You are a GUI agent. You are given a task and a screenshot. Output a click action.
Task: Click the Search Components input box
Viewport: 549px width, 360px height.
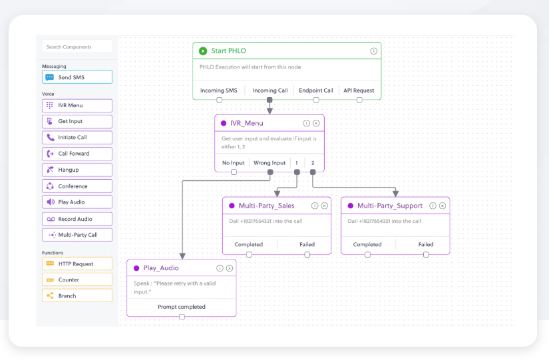(77, 47)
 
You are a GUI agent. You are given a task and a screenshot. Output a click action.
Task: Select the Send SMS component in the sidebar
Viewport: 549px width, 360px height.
(77, 77)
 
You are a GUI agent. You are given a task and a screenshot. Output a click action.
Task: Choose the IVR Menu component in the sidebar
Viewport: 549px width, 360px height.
(77, 105)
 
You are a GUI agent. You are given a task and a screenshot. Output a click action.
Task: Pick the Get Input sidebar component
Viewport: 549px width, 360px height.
(77, 121)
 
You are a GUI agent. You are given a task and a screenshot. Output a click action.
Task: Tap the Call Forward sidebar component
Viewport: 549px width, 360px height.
(77, 154)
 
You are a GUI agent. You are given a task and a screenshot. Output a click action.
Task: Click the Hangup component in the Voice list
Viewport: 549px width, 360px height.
(77, 170)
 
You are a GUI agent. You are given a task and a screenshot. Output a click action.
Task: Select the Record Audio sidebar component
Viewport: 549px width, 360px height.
(77, 219)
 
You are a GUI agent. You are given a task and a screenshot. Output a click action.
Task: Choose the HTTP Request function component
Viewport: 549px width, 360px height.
(77, 264)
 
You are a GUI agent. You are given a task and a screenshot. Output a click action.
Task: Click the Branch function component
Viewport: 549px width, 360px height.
(77, 296)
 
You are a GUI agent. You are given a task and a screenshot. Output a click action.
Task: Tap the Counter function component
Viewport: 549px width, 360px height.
(77, 280)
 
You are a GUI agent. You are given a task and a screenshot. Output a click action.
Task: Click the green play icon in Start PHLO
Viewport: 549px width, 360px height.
(203, 51)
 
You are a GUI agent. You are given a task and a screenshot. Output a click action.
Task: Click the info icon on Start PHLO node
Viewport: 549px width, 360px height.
(374, 51)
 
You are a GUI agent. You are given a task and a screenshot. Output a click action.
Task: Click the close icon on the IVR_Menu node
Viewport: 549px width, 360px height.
(316, 123)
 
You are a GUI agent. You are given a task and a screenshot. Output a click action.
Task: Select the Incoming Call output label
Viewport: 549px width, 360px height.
(270, 90)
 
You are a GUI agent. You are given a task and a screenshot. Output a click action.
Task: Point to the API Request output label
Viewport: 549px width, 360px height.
(359, 90)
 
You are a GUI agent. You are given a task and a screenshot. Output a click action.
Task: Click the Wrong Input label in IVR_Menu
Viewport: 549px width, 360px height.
(270, 162)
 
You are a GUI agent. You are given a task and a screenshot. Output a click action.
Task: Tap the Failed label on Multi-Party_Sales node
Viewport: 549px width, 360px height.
(307, 244)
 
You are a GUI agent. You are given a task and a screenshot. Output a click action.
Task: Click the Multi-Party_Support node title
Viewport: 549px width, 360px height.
(389, 206)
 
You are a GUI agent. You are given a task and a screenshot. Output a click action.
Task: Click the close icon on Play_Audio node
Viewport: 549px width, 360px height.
(230, 268)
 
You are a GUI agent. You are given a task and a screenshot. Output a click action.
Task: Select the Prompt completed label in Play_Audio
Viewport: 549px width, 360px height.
(182, 307)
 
